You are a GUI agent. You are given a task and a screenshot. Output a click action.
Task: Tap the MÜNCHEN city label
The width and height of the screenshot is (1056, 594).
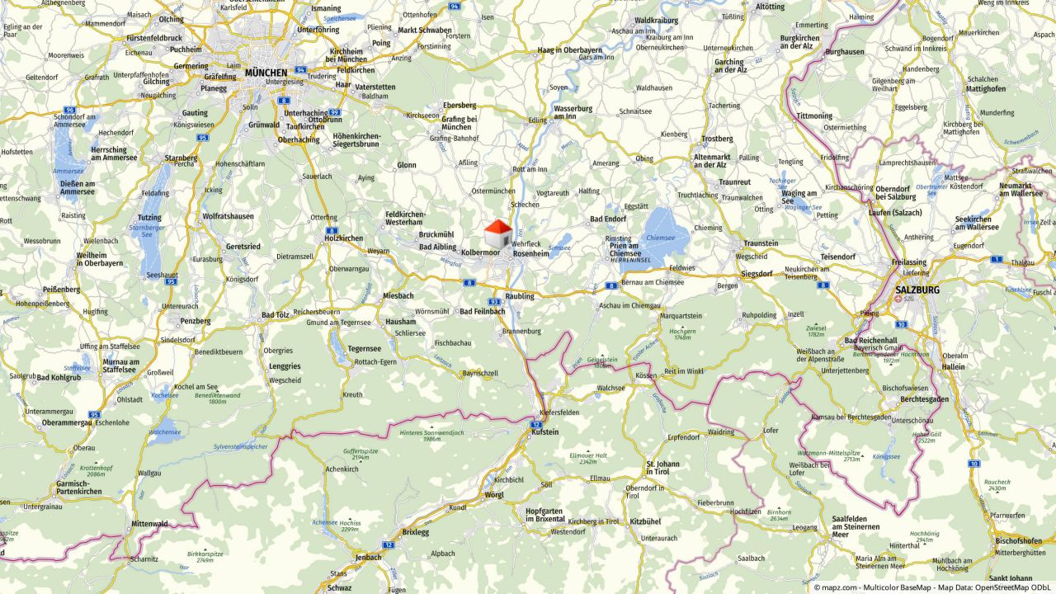(x=266, y=73)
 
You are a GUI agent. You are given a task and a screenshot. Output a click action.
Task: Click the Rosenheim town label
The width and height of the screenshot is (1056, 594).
(x=530, y=253)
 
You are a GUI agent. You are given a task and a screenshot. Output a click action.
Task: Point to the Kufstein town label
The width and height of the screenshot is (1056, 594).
(x=545, y=431)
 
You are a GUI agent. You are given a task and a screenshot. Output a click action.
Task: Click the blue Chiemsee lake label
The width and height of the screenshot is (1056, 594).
(x=660, y=237)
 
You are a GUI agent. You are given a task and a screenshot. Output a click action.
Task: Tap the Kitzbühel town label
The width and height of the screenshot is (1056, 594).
(x=645, y=521)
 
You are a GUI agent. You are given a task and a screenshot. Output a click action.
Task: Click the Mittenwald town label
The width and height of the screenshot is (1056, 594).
(x=148, y=524)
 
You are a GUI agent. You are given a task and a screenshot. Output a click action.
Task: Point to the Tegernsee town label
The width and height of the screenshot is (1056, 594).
(x=364, y=348)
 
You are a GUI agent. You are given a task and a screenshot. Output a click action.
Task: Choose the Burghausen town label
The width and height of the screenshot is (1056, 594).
(x=843, y=51)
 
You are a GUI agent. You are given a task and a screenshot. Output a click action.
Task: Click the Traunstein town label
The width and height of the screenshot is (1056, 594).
(x=761, y=243)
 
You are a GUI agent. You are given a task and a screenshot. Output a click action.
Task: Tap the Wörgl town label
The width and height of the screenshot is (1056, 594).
(x=495, y=494)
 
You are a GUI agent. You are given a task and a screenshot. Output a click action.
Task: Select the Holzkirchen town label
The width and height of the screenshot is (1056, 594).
(x=343, y=238)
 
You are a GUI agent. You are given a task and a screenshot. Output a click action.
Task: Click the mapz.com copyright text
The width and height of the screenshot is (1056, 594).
(x=837, y=587)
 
